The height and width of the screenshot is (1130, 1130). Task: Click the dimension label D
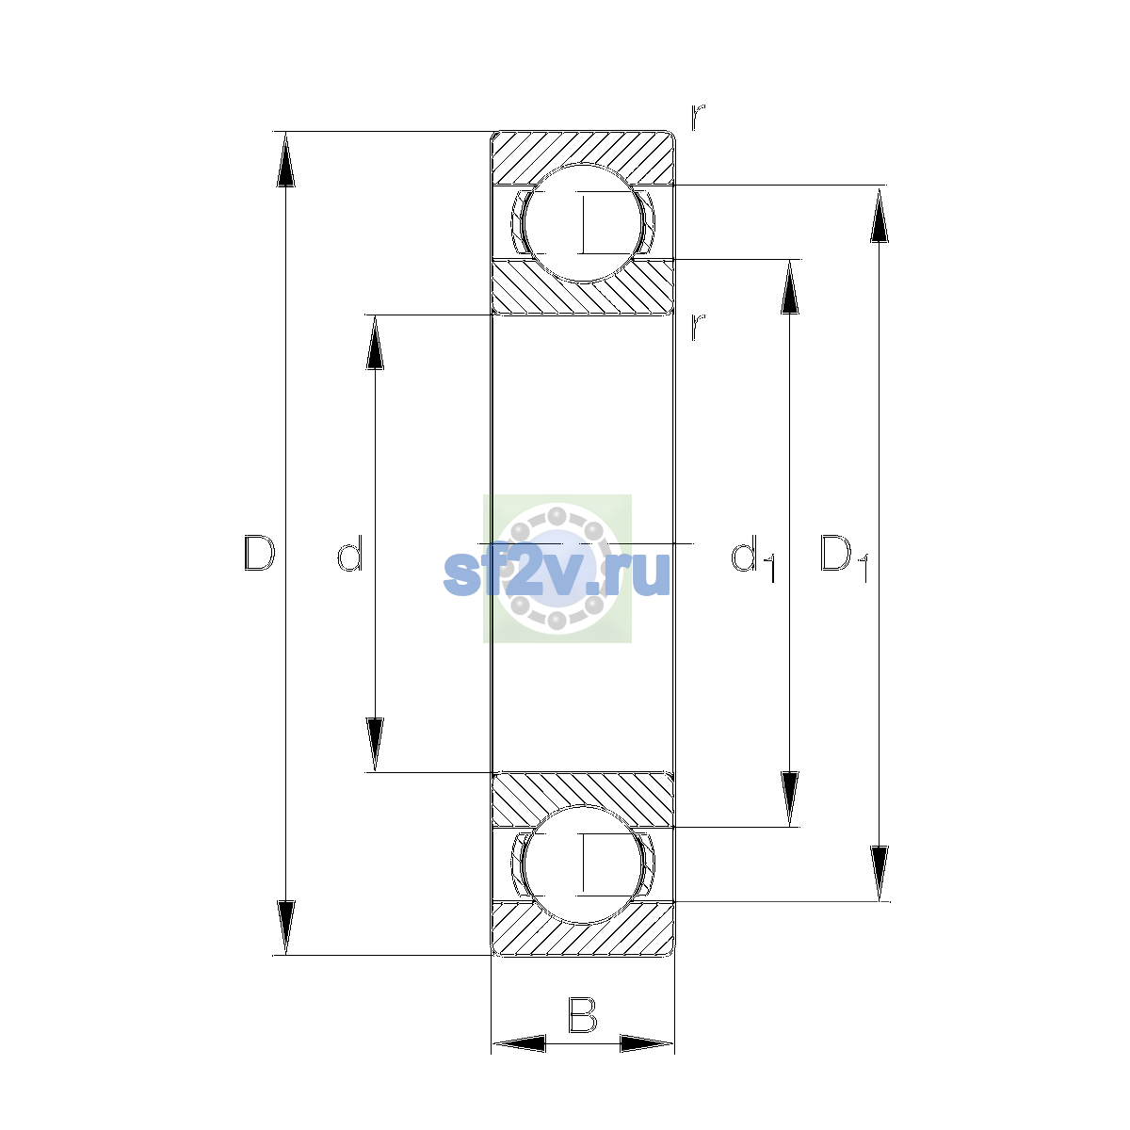(x=259, y=553)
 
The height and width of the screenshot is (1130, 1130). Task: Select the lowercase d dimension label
(x=349, y=553)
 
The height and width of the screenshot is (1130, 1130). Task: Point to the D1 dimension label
(x=844, y=558)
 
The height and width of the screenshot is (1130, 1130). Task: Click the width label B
(x=582, y=1014)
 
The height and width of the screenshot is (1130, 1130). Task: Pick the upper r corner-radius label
(x=698, y=118)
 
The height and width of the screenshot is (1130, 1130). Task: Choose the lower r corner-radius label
(x=698, y=327)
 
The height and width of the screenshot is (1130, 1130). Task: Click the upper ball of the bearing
(x=583, y=223)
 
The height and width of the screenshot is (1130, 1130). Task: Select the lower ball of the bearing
(x=583, y=865)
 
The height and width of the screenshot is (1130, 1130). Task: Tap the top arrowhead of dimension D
(x=285, y=159)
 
